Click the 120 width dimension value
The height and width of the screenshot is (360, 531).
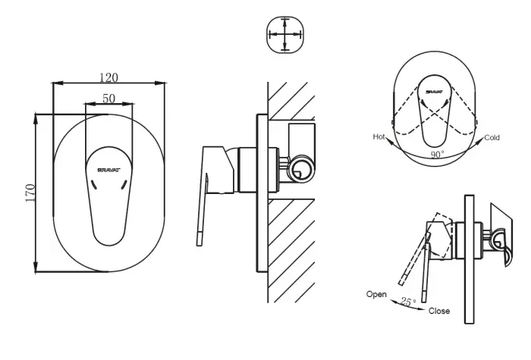(x=109, y=77)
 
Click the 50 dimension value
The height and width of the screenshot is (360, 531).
(x=109, y=99)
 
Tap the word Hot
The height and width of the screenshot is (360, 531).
(x=379, y=137)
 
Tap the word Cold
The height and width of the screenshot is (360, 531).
(x=492, y=138)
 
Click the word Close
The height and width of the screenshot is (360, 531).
(x=438, y=311)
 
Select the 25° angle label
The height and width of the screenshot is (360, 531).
(x=409, y=302)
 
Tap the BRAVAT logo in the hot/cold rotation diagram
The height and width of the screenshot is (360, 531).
(x=434, y=92)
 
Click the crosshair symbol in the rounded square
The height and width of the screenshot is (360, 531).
(x=285, y=35)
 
